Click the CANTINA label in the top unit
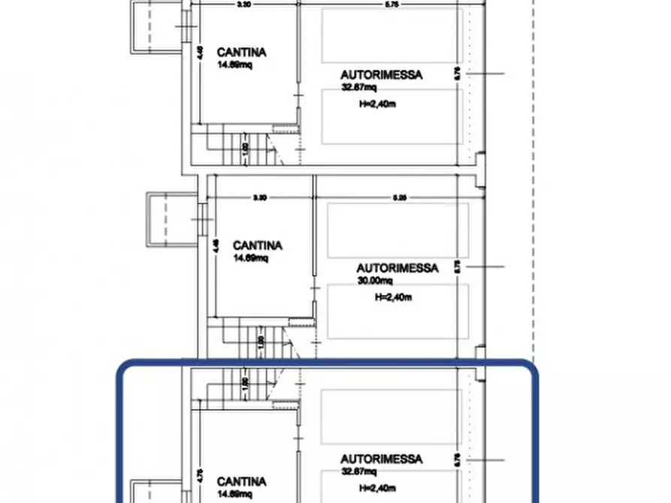tap(241, 53)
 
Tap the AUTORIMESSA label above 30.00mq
tap(397, 267)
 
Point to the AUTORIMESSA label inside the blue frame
tap(381, 459)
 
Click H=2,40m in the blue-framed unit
tap(379, 488)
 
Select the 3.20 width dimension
tap(243, 5)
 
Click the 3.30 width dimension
tap(259, 198)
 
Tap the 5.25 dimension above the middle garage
tap(400, 198)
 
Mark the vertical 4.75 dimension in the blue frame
tap(200, 474)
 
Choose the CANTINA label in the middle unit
tap(257, 245)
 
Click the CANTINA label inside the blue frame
tap(241, 481)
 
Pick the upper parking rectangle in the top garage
tap(391, 35)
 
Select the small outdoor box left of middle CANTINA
tap(161, 218)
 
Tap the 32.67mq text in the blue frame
tap(358, 471)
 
